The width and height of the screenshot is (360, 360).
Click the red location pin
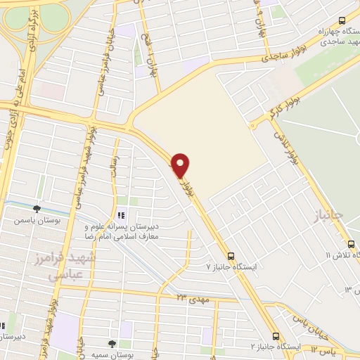click(181, 165)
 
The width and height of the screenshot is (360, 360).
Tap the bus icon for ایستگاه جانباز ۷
click(231, 256)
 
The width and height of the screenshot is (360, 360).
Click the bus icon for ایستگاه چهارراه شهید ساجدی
click(342, 20)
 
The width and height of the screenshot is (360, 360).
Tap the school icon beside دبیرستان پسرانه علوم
click(121, 215)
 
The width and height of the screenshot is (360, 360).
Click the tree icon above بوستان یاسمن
click(37, 208)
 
